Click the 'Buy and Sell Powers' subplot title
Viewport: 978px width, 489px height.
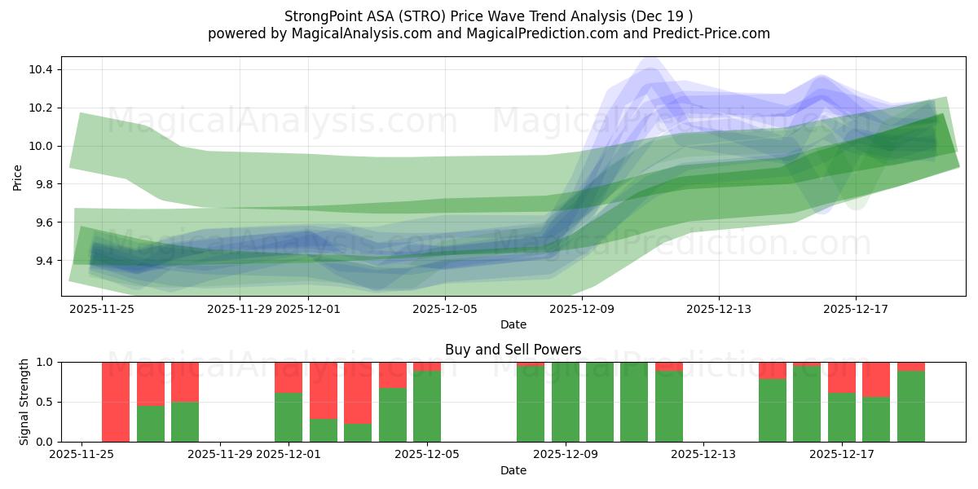point(513,350)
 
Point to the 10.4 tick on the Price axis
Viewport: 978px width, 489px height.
point(41,70)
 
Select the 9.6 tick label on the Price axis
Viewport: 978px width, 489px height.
point(41,222)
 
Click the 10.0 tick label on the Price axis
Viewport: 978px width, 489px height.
point(41,147)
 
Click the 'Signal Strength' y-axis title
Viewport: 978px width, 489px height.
point(24,402)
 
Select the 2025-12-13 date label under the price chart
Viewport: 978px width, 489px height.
point(718,309)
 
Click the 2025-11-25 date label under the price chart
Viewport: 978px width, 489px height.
point(102,309)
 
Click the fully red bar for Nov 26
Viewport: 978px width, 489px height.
point(116,402)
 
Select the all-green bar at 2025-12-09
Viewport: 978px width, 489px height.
point(565,402)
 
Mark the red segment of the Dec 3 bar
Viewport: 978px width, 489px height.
point(358,392)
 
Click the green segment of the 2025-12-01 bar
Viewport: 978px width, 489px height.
point(289,417)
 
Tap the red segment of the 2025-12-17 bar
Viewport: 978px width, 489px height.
point(842,377)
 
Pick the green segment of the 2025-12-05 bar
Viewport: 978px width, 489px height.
point(427,407)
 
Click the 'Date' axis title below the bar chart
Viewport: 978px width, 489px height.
point(513,470)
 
